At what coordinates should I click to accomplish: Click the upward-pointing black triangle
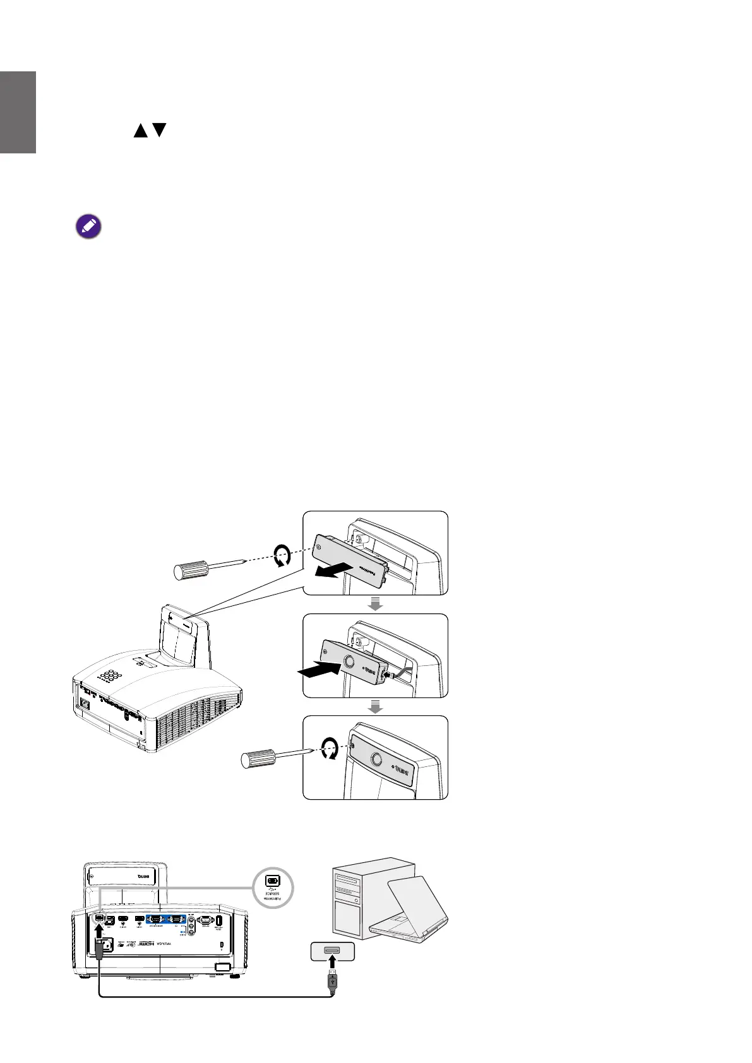[140, 131]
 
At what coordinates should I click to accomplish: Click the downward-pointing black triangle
[160, 131]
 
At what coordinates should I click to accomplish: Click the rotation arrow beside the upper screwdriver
[282, 557]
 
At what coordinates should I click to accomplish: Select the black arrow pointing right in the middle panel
[320, 670]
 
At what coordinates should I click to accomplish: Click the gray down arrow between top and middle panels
[375, 604]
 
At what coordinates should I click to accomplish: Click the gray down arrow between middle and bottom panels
[375, 707]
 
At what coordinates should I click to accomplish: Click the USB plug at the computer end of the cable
[332, 997]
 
